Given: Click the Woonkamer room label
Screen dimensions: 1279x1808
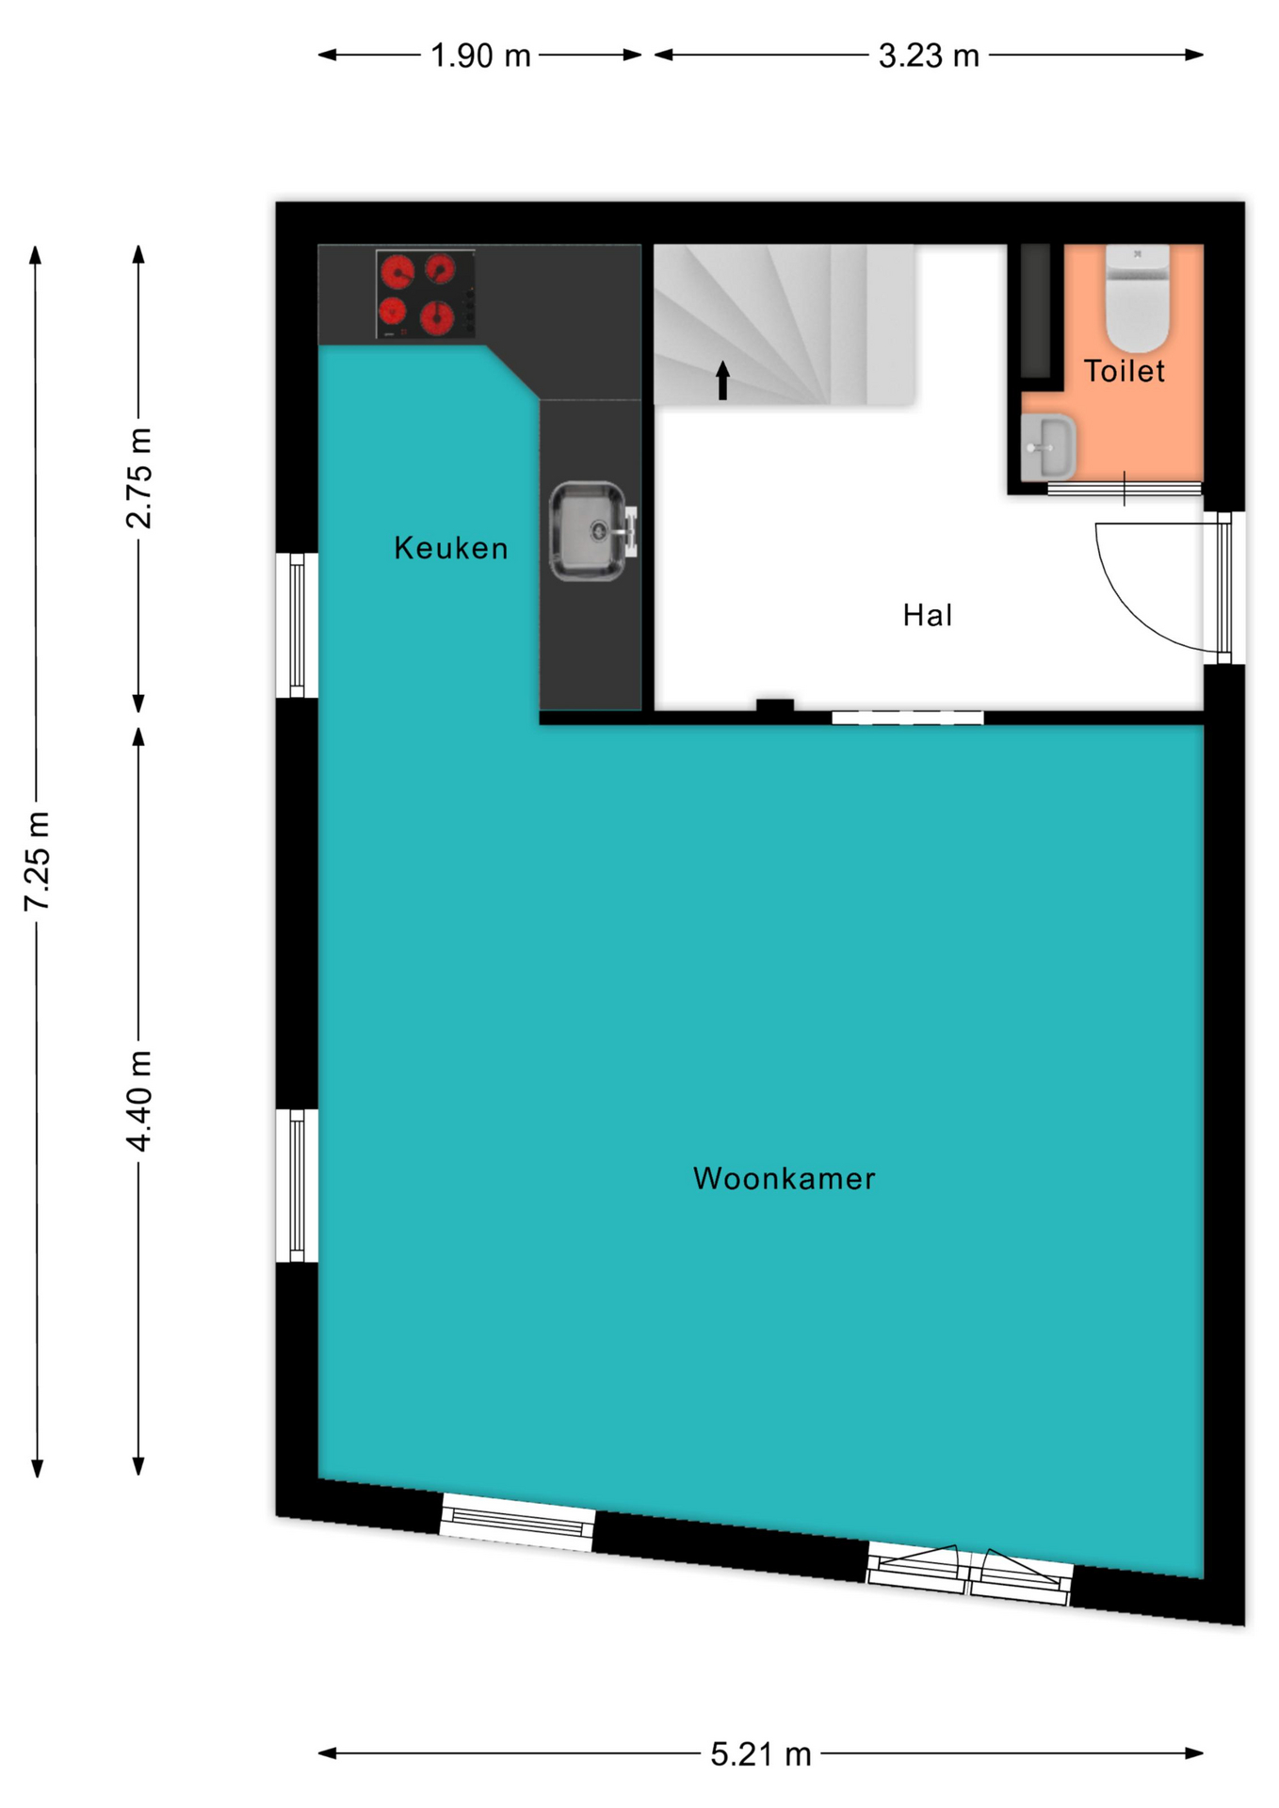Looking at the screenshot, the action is (x=784, y=1178).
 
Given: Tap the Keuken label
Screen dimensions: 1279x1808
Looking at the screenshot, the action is (x=451, y=548).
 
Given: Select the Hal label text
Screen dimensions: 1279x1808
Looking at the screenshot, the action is (x=928, y=615).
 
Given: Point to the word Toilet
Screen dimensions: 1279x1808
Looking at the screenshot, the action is (x=1124, y=371).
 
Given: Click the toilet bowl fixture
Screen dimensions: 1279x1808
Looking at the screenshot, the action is (x=1137, y=299).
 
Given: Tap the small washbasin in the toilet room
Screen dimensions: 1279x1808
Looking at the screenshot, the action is (x=1047, y=447).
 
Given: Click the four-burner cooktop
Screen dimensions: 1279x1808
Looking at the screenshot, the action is (x=425, y=295).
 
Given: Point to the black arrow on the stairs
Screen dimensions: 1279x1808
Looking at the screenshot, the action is (x=722, y=379).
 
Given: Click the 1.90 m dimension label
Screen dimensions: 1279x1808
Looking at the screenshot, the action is (x=480, y=56).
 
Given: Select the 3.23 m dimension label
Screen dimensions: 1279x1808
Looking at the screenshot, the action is (x=929, y=56).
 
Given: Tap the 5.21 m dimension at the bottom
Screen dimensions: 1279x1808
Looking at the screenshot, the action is (x=760, y=1754).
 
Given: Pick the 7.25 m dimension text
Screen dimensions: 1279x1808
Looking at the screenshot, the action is (x=38, y=861).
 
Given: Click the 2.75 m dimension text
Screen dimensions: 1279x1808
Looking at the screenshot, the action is (x=138, y=478).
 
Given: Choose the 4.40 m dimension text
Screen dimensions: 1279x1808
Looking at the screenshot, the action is (x=138, y=1100).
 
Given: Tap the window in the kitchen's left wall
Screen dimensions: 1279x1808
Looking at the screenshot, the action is (x=297, y=625).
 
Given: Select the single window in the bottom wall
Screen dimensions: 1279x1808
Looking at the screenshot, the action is (x=518, y=1520).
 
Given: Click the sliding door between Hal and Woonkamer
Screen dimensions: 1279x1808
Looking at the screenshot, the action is (x=908, y=718).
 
